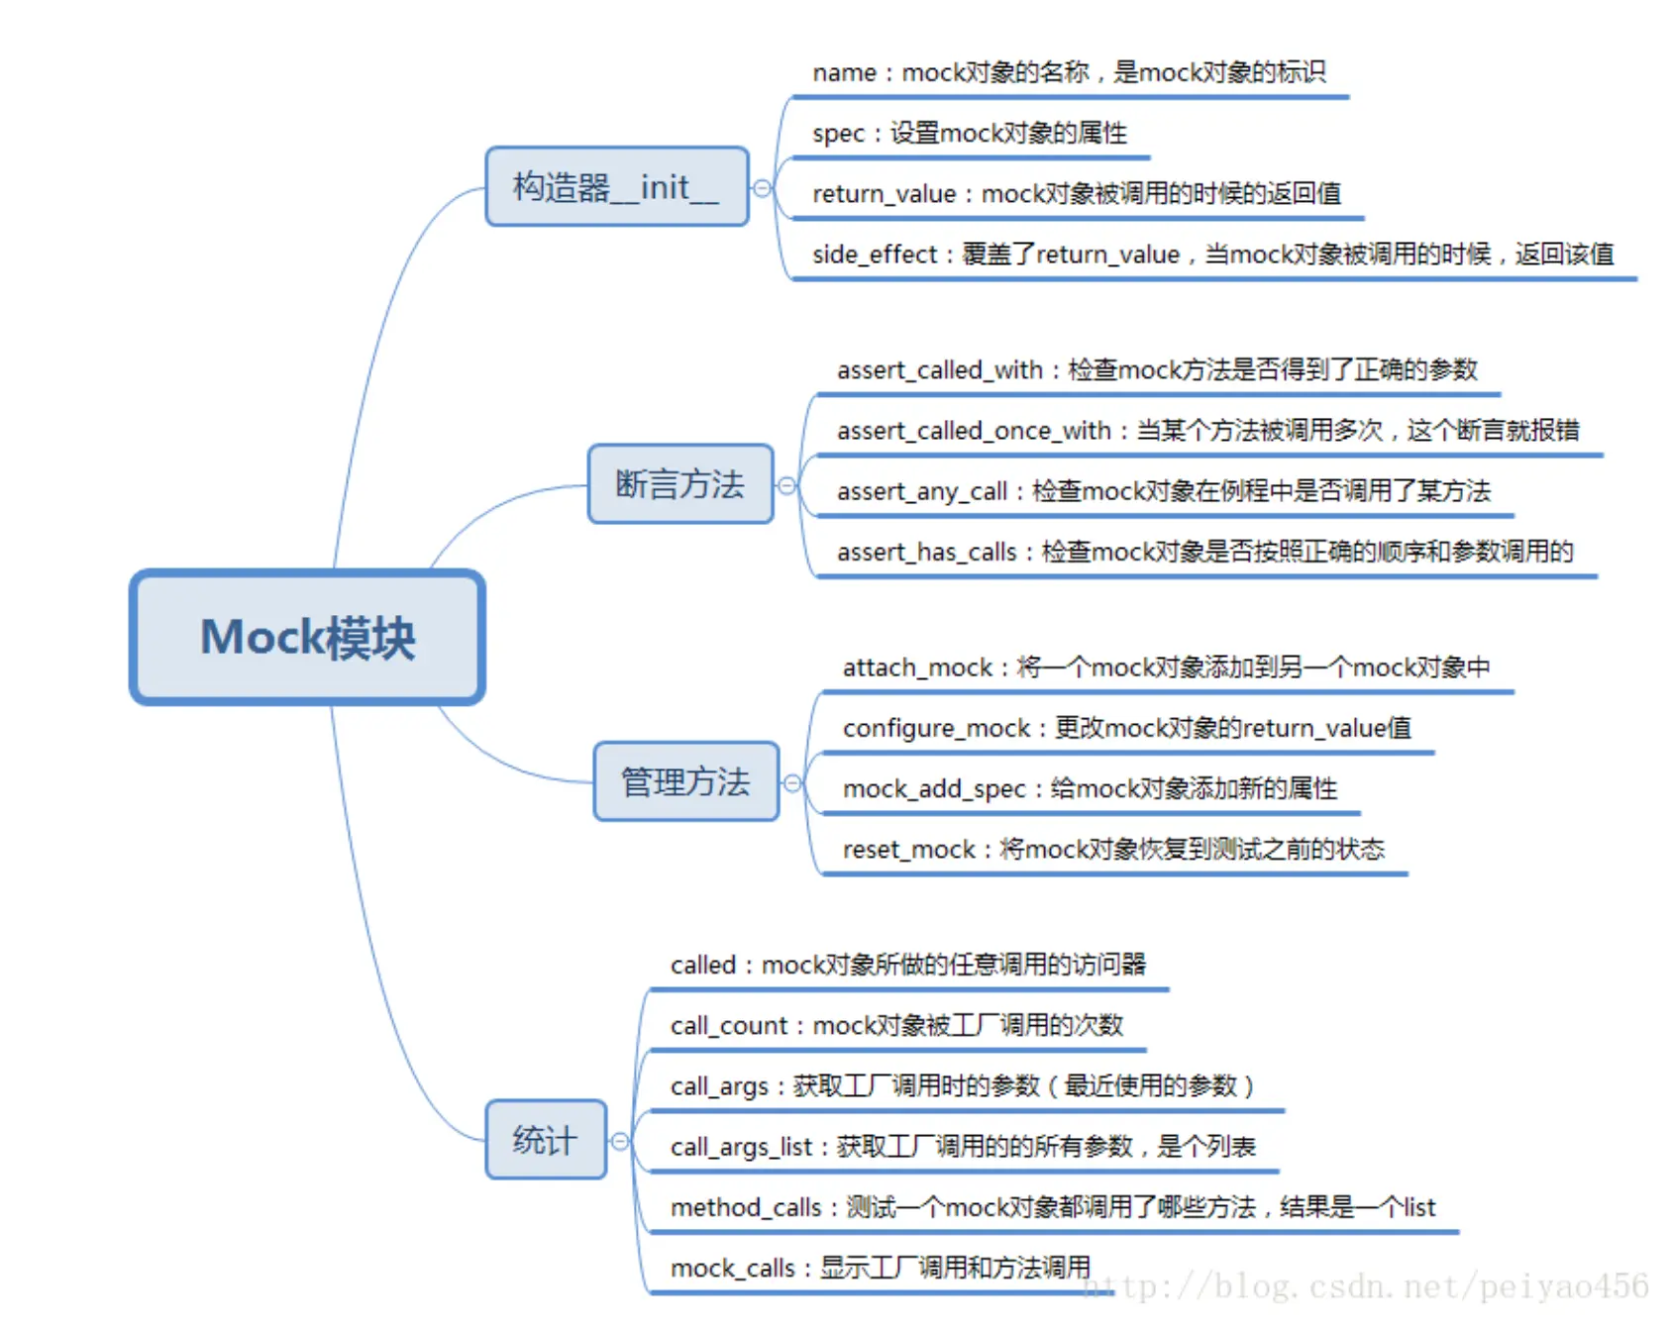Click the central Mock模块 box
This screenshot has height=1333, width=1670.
point(307,637)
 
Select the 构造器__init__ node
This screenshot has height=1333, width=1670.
point(616,187)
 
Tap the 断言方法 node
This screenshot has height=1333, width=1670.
point(679,484)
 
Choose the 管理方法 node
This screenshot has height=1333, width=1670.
point(685,782)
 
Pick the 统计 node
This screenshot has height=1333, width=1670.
point(545,1140)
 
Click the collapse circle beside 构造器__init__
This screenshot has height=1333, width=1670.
point(762,188)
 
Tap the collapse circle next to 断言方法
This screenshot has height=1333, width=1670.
point(786,485)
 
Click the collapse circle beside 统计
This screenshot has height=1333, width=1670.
point(620,1141)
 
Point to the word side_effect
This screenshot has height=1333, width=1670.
point(874,256)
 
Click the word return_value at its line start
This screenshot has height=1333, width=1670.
point(884,194)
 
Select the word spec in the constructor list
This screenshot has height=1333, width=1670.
point(838,134)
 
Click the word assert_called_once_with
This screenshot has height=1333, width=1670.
point(974,431)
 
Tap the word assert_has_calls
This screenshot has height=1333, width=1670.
point(926,553)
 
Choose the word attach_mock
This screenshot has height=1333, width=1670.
point(917,668)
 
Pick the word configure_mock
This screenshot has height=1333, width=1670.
point(936,729)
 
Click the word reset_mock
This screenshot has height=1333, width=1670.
point(909,850)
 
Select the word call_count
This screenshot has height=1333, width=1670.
point(729,1026)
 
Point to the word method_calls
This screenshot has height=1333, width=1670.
point(745,1208)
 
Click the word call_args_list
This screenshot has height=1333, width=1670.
point(741,1147)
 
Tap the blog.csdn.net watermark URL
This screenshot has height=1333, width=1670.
point(1367,1286)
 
